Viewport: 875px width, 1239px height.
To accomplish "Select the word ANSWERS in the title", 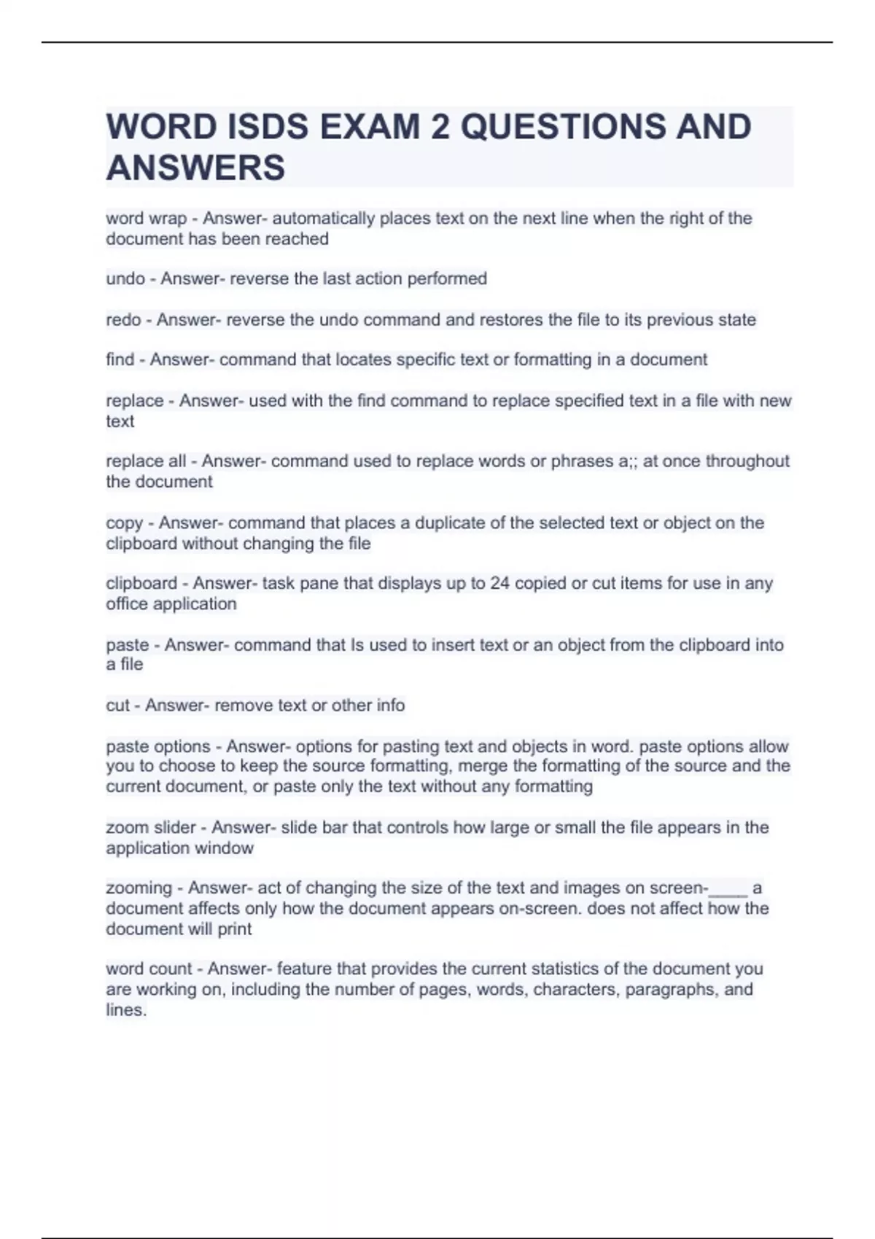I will (x=195, y=168).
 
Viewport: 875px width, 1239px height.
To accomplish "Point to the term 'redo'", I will (x=123, y=320).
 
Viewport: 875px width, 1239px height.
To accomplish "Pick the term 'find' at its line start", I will (x=120, y=360).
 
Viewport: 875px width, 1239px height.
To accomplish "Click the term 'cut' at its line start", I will (x=117, y=706).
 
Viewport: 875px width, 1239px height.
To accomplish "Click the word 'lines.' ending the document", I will (x=126, y=1010).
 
